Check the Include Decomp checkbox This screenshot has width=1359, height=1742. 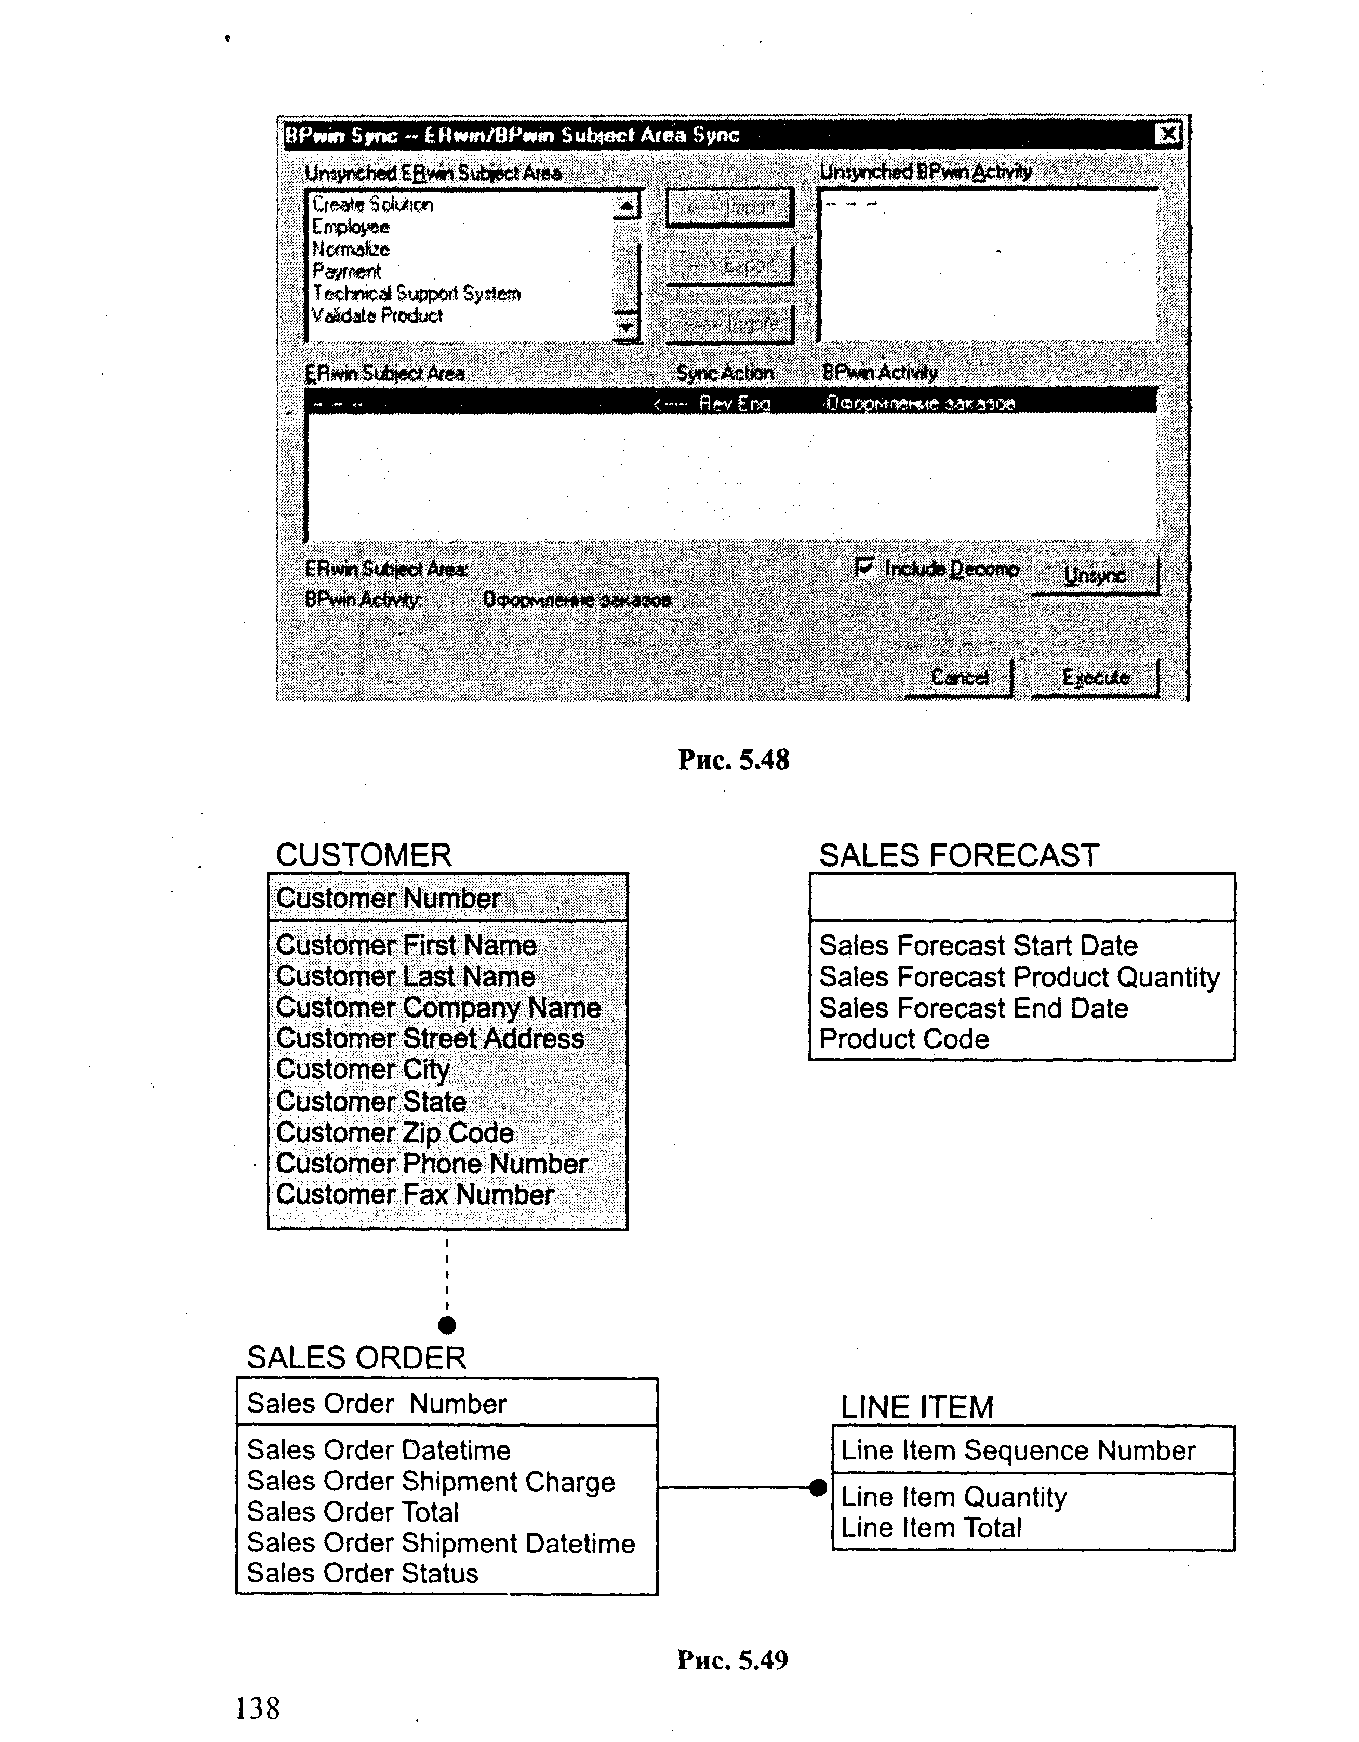[x=864, y=567]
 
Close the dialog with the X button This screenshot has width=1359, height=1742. [x=1168, y=134]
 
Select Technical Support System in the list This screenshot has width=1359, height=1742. [x=416, y=294]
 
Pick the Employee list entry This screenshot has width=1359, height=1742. [x=350, y=227]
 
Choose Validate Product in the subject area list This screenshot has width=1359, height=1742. [x=377, y=316]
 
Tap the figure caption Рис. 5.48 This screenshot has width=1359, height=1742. [x=733, y=759]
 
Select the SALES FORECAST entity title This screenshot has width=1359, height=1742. [x=958, y=856]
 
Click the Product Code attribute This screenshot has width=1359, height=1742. [x=903, y=1039]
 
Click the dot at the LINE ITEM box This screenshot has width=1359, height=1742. [x=818, y=1487]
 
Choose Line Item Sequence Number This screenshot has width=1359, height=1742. [x=1018, y=1450]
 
